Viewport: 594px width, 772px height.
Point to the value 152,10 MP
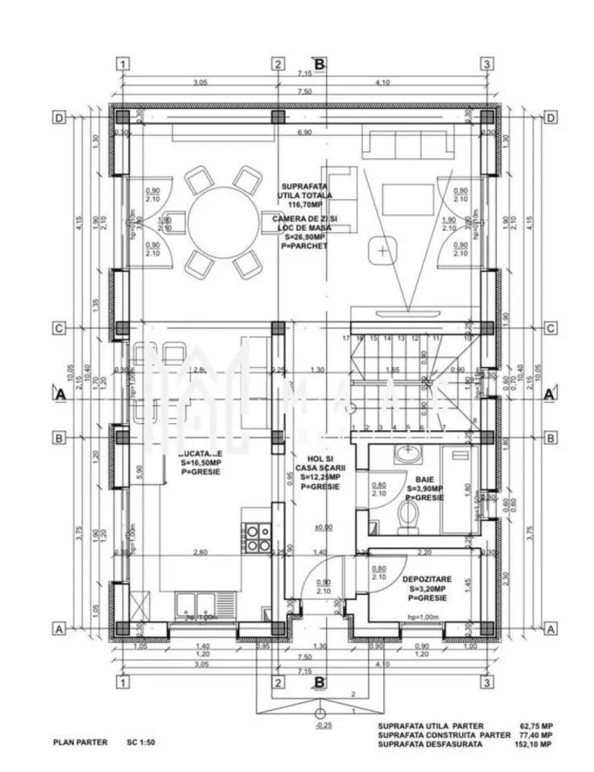pos(535,744)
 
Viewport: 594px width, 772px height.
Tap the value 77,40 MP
pos(535,735)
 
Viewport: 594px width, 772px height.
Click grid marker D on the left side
pos(58,118)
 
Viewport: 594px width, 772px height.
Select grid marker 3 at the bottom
pos(487,682)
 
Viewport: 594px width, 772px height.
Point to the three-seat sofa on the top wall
pos(408,144)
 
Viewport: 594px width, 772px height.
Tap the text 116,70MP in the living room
pos(304,206)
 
